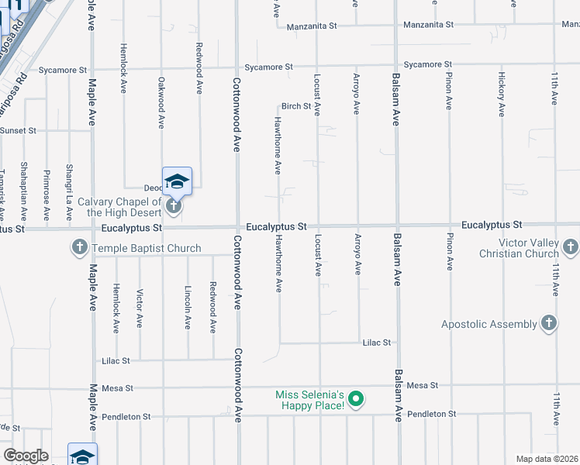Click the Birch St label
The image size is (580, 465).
tap(295, 106)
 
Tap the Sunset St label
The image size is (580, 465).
tap(18, 130)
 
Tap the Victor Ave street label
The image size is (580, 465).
tap(140, 309)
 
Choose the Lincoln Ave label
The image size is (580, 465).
tap(188, 307)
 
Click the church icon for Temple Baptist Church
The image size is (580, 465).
tap(79, 248)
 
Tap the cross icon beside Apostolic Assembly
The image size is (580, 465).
tap(548, 324)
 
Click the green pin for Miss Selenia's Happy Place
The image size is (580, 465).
tap(356, 400)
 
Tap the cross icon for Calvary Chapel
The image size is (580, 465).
tap(174, 206)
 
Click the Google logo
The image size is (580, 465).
tap(26, 456)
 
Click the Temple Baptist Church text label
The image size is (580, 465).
tap(147, 249)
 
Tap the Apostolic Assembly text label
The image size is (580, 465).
tap(490, 324)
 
